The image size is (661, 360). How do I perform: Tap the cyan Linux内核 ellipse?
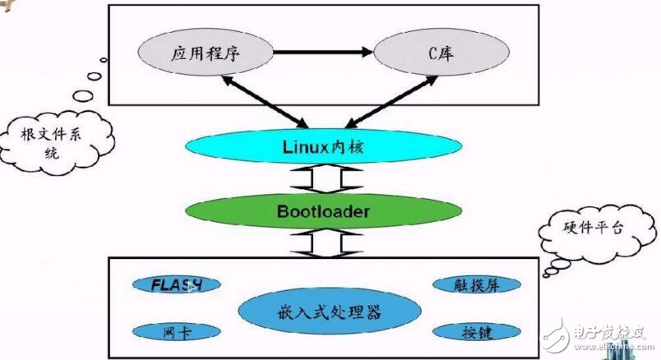(x=317, y=148)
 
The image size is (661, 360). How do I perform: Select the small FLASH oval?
(x=177, y=285)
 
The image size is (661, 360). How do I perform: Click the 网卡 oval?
(x=177, y=332)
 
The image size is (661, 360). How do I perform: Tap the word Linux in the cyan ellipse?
(x=299, y=148)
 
